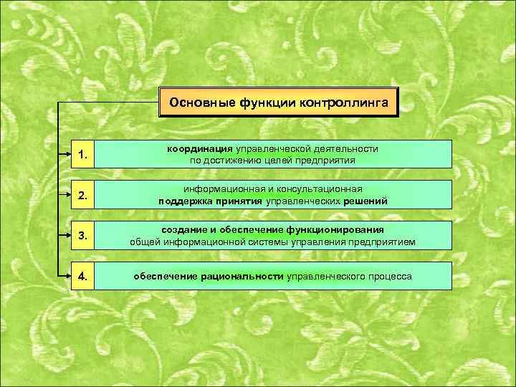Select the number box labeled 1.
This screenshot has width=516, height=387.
84,154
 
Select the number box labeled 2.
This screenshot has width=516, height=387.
84,194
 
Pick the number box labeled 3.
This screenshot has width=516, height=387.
84,235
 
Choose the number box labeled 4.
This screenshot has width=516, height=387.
84,276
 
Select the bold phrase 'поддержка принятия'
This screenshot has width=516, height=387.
210,201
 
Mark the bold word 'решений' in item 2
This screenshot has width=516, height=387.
365,201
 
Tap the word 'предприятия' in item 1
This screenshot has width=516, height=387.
330,161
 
